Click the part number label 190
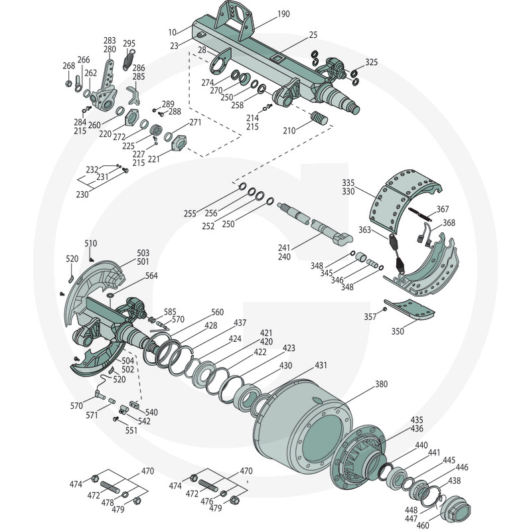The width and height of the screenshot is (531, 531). (283, 14)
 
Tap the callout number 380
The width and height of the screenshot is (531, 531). (381, 384)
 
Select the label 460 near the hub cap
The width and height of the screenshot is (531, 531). (422, 525)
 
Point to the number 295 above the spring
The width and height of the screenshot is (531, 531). (129, 43)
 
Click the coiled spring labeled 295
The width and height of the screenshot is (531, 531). (128, 60)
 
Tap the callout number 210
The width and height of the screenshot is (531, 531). (289, 130)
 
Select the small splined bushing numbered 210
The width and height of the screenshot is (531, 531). (319, 117)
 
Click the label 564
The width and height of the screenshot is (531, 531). (151, 275)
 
